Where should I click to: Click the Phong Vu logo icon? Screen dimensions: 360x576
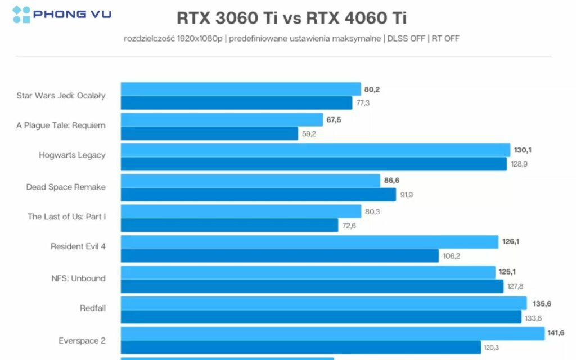[x=21, y=14]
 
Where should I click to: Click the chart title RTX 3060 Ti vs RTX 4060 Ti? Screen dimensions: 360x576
[x=291, y=18]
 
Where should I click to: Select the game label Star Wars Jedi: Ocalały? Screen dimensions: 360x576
[x=61, y=96]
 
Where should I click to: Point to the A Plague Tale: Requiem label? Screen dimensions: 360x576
[x=61, y=125]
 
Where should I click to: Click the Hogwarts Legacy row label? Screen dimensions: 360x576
[x=72, y=155]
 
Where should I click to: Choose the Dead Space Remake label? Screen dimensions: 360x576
[x=66, y=187]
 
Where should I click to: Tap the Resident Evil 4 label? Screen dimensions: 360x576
[x=78, y=246]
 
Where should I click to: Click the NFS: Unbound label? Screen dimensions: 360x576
[x=78, y=278]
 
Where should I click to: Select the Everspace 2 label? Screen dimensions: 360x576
[x=82, y=341]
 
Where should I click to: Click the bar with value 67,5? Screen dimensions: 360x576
[x=222, y=120]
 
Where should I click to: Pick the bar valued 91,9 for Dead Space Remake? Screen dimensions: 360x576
[x=258, y=195]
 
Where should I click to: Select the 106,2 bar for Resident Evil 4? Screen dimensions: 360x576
[x=280, y=256]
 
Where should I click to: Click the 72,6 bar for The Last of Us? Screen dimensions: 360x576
[x=229, y=225]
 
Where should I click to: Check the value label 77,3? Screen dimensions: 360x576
[x=363, y=103]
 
